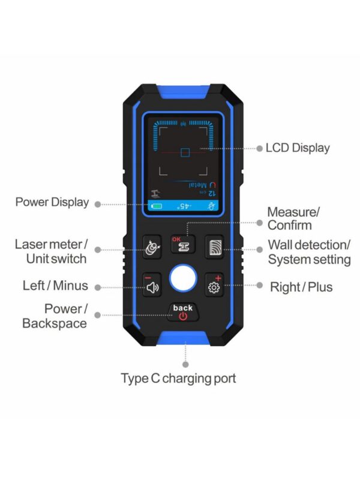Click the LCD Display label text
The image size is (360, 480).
[298, 148]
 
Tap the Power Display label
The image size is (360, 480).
[52, 202]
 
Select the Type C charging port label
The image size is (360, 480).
[178, 379]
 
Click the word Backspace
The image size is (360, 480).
[55, 323]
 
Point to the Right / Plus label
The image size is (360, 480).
[301, 287]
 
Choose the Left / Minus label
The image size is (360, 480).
[55, 286]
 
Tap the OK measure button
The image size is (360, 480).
[183, 245]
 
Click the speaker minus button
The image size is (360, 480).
[152, 284]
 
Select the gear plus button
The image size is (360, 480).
[214, 284]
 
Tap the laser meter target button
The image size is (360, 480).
[152, 247]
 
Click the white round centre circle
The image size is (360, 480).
[183, 278]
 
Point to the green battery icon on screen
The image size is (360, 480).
[157, 206]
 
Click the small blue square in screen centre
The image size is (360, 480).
[185, 152]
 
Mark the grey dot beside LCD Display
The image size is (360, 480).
[260, 148]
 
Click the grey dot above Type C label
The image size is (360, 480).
[185, 364]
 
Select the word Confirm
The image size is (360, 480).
[290, 226]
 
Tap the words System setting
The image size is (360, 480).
[310, 260]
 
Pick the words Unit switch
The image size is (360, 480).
[56, 259]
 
